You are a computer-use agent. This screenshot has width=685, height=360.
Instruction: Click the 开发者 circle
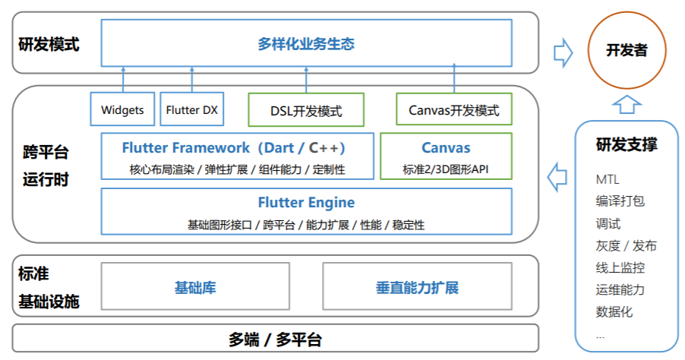(x=627, y=50)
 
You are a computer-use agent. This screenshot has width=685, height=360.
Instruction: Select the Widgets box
(x=122, y=110)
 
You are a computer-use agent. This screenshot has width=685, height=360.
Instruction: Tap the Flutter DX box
(x=191, y=110)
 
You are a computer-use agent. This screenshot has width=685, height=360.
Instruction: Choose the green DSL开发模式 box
(x=306, y=110)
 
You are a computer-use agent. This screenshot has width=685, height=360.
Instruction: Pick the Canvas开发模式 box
(x=454, y=110)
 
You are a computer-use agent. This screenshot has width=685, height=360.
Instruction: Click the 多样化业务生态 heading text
(x=306, y=44)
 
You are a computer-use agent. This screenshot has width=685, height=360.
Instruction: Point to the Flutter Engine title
(x=306, y=203)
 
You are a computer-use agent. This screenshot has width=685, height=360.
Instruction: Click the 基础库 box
(x=195, y=288)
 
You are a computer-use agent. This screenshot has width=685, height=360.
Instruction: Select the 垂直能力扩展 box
(x=417, y=288)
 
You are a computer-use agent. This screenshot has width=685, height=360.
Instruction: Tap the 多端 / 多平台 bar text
(x=275, y=339)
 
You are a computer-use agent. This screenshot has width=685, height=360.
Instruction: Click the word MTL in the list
(x=608, y=180)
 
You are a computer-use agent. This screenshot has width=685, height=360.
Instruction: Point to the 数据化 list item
(x=614, y=311)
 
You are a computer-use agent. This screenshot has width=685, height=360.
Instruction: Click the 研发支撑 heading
(x=627, y=145)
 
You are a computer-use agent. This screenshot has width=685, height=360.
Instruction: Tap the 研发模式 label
(x=49, y=44)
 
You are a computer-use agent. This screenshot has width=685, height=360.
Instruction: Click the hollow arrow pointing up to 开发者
(x=627, y=103)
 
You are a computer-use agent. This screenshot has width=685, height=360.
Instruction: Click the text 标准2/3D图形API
(x=446, y=169)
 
